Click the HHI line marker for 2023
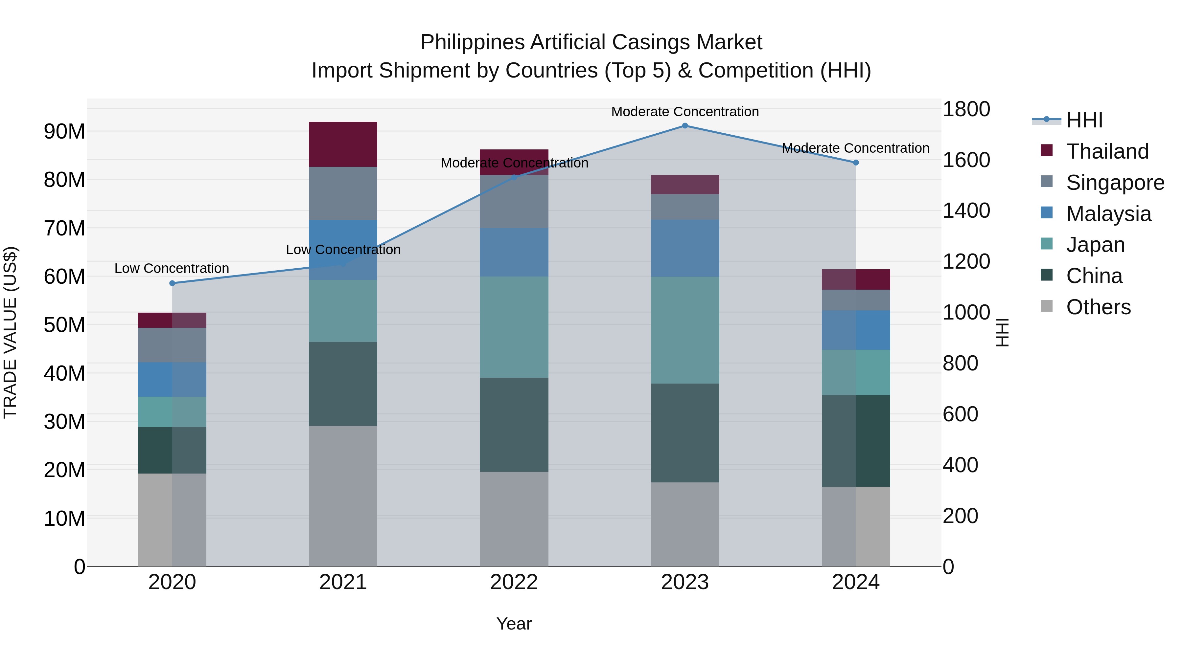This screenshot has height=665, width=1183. pos(685,126)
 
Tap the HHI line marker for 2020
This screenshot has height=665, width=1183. pos(172,283)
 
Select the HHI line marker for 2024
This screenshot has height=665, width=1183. pos(856,163)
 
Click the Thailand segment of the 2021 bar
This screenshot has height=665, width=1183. pos(343,144)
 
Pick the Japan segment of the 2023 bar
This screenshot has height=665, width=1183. pos(685,330)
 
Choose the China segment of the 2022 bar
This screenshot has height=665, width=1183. pos(514,425)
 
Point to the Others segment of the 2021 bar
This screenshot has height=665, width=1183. pos(343,496)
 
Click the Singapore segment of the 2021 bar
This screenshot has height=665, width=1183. pos(343,193)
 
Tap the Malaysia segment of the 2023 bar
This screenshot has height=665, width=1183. pos(685,248)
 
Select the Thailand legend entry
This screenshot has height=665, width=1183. pos(1107,151)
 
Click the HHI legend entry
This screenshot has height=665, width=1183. pos(1084,120)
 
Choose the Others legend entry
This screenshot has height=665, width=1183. pos(1098,307)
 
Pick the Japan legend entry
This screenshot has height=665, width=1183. pos(1095,245)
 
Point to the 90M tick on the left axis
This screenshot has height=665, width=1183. pos(64,132)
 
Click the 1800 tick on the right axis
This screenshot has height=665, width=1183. pos(966,109)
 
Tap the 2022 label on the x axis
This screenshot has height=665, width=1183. pos(514,582)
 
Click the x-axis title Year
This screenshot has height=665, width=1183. pos(514,624)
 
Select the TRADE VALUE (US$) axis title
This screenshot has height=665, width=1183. pos(10,332)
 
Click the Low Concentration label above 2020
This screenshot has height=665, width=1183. pos(172,269)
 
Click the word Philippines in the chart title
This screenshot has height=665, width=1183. pos(472,42)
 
